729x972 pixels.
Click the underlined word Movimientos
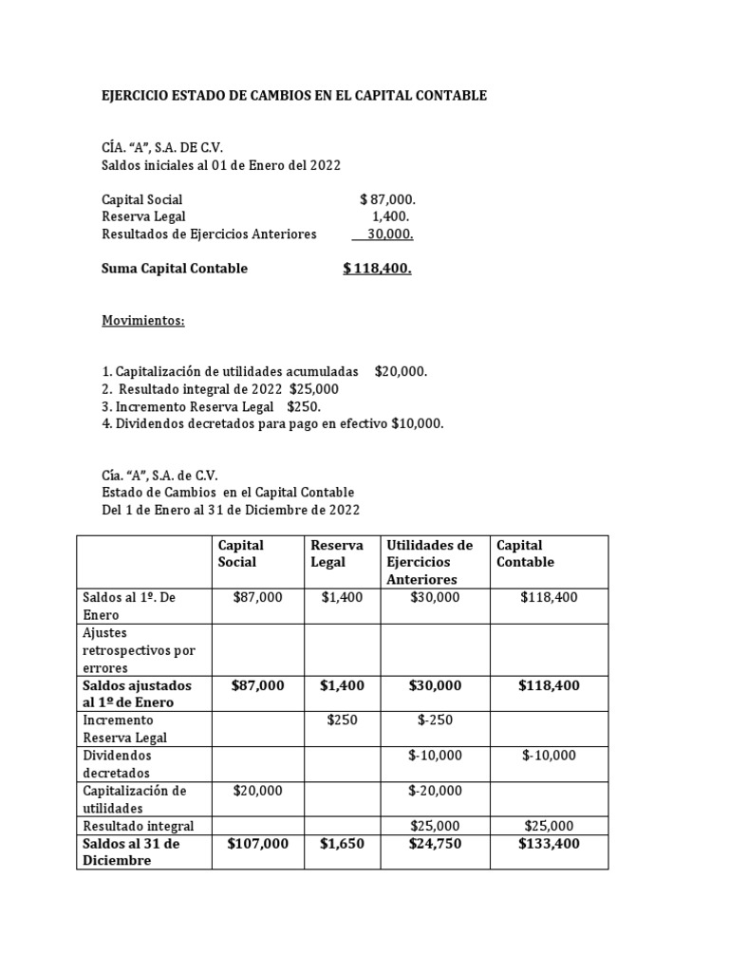[142, 320]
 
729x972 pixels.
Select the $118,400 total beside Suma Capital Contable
[377, 269]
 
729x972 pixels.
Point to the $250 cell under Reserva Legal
[342, 720]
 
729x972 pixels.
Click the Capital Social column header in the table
[241, 553]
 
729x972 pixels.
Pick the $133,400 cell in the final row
[549, 843]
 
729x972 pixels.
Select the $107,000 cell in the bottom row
[257, 843]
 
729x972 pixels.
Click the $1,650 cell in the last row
[342, 843]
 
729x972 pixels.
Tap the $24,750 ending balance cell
[435, 843]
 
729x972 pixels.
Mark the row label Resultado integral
[139, 826]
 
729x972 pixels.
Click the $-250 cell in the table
[435, 720]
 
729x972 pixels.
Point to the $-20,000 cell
[435, 790]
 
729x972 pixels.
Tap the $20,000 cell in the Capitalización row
[257, 790]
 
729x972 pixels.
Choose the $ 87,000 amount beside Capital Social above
[387, 199]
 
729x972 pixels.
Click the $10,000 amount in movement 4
[417, 423]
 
